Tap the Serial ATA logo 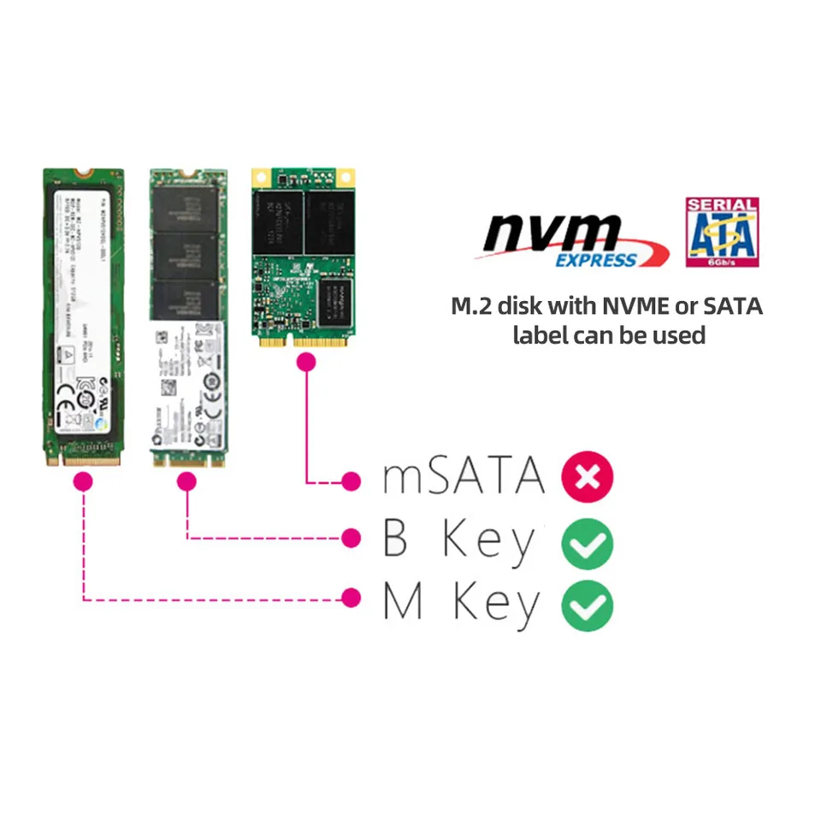point(722,232)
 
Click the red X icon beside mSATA point(588,476)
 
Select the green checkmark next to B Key point(587,541)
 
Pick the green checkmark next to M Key point(587,605)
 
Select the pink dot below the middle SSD point(187,481)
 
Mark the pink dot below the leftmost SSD point(83,481)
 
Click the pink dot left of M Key point(350,598)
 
